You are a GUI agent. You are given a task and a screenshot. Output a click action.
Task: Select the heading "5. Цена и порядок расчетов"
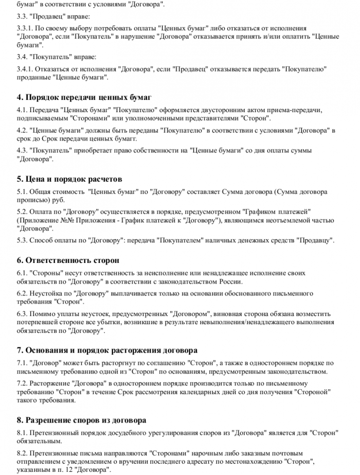(x=69, y=179)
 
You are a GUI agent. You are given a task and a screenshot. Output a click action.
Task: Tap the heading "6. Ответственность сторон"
(x=68, y=260)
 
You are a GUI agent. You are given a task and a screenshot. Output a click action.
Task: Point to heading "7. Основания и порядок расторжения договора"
(x=107, y=350)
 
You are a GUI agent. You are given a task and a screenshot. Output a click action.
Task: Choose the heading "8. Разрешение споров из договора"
(x=81, y=420)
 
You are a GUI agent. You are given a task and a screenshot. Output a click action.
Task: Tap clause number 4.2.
(x=22, y=131)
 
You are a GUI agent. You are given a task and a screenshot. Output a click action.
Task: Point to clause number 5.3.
(x=22, y=240)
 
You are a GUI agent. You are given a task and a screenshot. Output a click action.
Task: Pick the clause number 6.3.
(x=22, y=313)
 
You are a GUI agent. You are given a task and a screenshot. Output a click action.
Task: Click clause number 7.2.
(x=22, y=383)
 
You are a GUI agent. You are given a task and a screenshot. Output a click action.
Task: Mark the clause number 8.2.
(x=22, y=454)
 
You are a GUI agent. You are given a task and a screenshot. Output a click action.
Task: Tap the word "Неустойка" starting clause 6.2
(x=47, y=293)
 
